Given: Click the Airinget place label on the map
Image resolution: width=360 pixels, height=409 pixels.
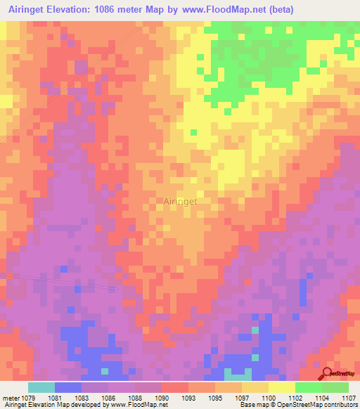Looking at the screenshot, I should pos(180,201).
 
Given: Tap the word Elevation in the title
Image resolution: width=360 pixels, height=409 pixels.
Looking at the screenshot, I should pos(81,9).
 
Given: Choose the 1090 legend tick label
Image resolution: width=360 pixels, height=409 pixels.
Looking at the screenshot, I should pos(162,398).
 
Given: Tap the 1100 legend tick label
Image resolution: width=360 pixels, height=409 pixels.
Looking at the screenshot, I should pos(269,398).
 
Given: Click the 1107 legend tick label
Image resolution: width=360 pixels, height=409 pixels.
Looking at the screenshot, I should pos(349,398).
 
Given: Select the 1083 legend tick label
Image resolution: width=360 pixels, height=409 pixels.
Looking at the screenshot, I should pos(82,398).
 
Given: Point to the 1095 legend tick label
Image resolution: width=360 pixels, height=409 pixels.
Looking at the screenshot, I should pos(215,398).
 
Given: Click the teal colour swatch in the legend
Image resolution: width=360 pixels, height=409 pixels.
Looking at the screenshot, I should pos(41,387).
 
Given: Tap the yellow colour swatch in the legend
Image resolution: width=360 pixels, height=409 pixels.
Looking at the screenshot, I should pos(281,387).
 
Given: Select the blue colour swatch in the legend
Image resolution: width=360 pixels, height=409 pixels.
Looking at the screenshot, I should pos(68,387).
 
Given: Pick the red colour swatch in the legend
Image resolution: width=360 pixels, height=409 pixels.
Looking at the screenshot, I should pos(175,387).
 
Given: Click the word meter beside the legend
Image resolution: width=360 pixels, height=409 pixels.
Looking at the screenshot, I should pos(11,398).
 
